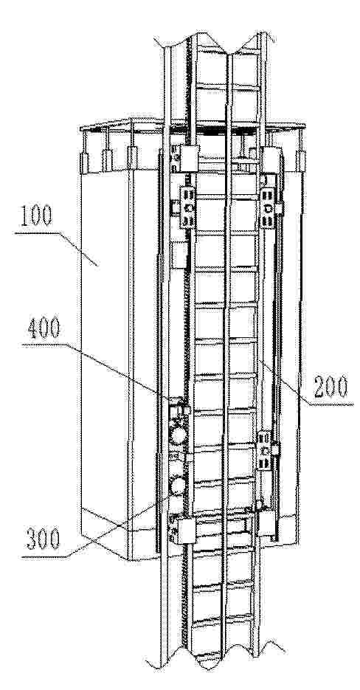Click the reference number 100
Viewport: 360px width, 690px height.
click(x=35, y=215)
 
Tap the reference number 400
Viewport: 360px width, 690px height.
click(x=43, y=328)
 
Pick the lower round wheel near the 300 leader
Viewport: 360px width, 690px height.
click(x=178, y=486)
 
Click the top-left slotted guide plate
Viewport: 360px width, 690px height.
click(x=188, y=207)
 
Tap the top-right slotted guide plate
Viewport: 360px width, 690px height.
click(x=268, y=207)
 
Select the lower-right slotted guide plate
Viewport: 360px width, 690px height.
click(x=264, y=450)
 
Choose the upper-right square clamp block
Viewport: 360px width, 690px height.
click(x=271, y=159)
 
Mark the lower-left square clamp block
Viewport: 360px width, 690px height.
click(x=186, y=531)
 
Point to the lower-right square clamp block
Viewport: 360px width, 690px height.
click(x=267, y=523)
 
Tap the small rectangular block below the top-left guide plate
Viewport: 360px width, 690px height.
click(x=179, y=255)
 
